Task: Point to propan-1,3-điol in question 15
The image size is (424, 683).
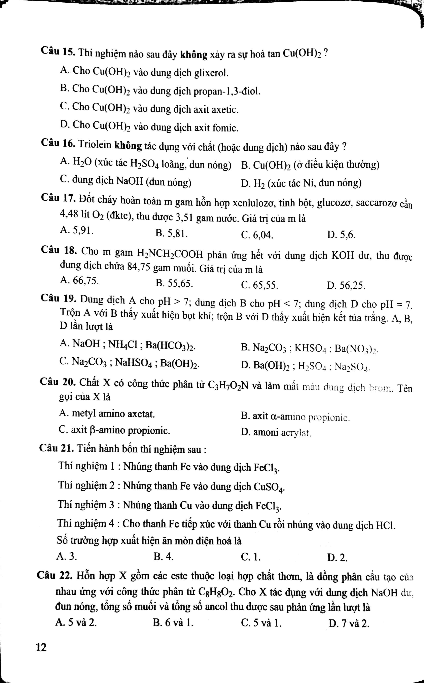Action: tap(227, 91)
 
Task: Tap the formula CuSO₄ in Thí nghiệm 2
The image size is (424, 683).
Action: tap(269, 487)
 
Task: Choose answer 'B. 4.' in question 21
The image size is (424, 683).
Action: tap(164, 556)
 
